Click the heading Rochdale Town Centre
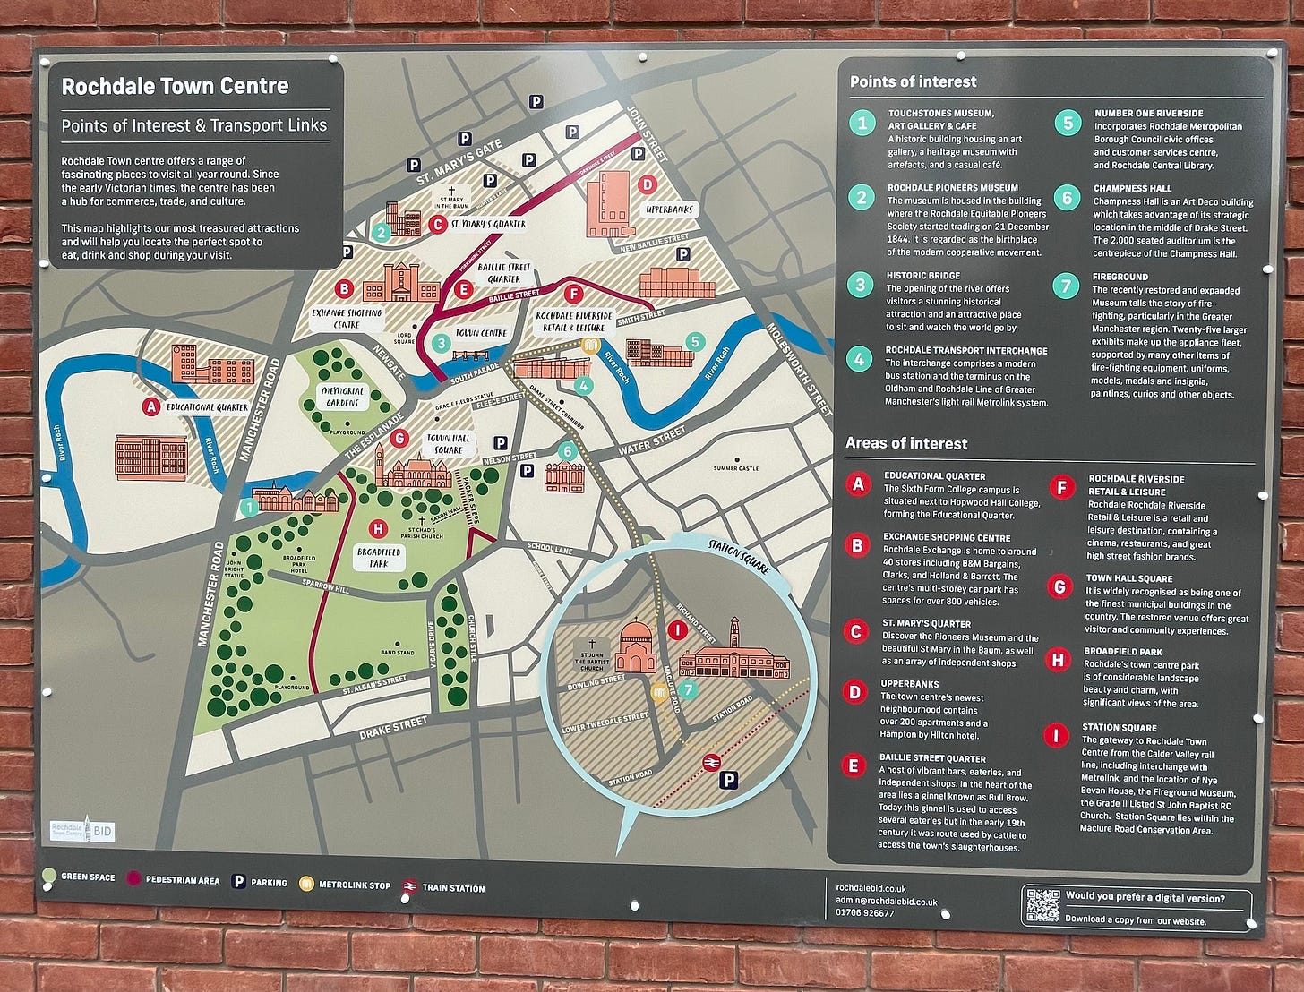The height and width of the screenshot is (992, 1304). [x=175, y=87]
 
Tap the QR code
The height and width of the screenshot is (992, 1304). [x=1042, y=906]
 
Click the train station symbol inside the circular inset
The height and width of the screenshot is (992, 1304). [x=711, y=762]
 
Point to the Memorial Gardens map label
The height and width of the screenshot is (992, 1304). [x=342, y=397]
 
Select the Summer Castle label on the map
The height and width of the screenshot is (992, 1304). [x=735, y=468]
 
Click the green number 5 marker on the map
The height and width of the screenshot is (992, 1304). [x=694, y=341]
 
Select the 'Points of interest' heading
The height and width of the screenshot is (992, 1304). [x=913, y=81]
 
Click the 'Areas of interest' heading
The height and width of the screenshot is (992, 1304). [x=906, y=443]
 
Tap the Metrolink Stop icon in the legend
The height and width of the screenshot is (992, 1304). [x=306, y=885]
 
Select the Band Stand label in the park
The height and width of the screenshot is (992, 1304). [x=398, y=653]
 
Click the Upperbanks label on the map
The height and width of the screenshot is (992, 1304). [x=670, y=210]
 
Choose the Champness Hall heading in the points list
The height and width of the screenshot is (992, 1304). [x=1132, y=189]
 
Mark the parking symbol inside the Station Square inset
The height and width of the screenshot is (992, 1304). [x=729, y=781]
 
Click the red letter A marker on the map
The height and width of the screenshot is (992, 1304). [x=150, y=407]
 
